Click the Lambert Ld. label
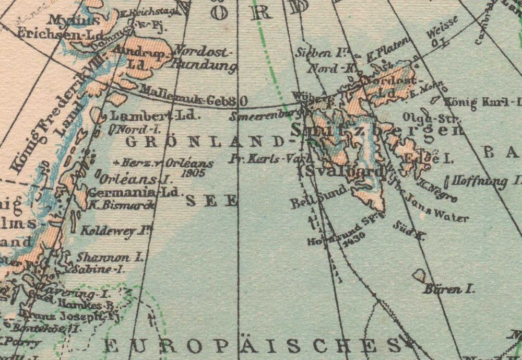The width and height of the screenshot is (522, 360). (x=155, y=115)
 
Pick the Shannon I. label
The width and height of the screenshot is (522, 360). (x=110, y=257)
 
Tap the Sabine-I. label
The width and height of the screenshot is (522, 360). (x=99, y=270)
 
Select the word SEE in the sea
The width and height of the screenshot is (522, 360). (x=211, y=201)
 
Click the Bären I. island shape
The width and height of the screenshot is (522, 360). (x=419, y=275)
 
